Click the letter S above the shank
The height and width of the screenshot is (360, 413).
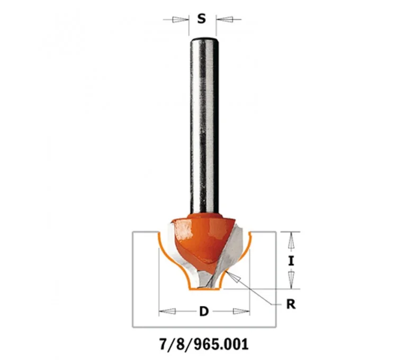202,19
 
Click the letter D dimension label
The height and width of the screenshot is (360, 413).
204,311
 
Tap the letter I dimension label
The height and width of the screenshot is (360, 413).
291,261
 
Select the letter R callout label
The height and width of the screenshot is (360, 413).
291,304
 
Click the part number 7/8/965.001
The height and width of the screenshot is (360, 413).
204,344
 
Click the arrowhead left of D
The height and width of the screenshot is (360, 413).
167,311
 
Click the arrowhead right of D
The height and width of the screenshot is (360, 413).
241,311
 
